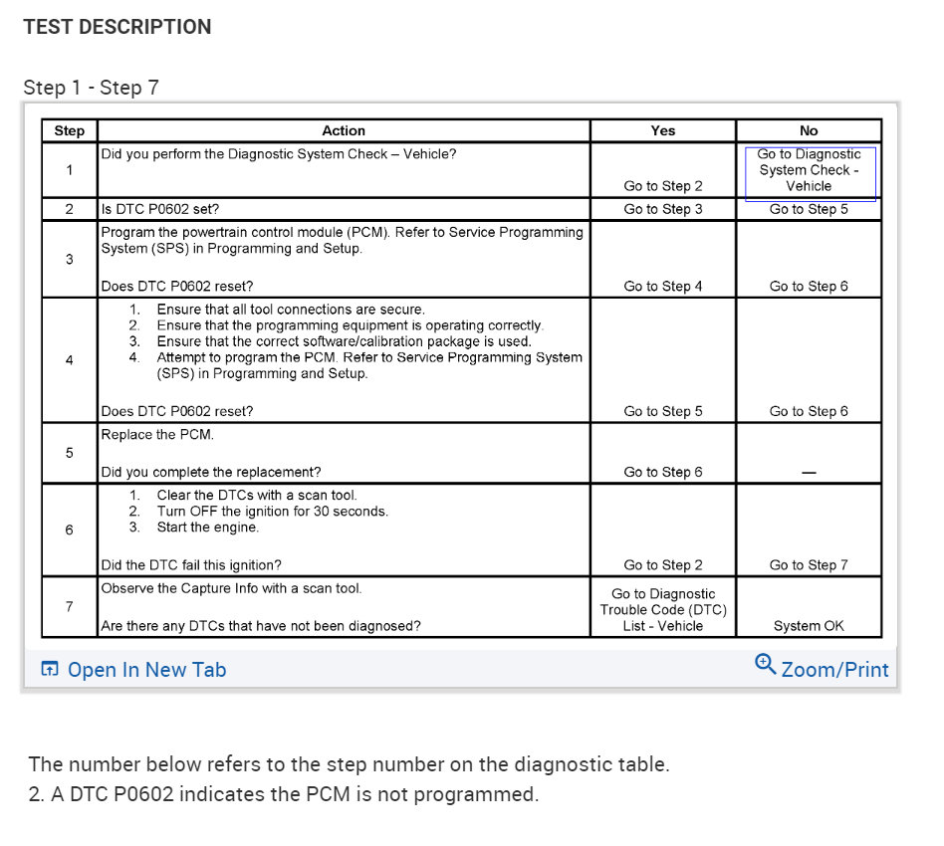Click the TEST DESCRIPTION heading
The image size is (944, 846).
(118, 27)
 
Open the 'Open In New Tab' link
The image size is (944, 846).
(134, 670)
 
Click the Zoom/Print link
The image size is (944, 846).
(823, 669)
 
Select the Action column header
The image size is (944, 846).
(344, 130)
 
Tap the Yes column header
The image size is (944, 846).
(663, 130)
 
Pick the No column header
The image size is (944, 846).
(809, 130)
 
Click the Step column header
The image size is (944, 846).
(70, 130)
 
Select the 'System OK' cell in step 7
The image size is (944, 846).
(809, 626)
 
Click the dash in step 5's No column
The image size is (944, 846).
(809, 473)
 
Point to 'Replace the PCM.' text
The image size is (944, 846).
(157, 434)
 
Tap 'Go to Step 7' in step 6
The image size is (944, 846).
(809, 565)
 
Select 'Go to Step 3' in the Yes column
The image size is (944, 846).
(663, 209)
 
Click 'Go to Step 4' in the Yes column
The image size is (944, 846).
(663, 287)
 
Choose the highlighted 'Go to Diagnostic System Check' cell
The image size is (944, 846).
(810, 170)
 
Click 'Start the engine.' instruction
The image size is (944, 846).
(208, 528)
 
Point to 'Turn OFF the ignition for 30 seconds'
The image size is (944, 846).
(272, 512)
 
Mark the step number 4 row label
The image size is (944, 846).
(70, 360)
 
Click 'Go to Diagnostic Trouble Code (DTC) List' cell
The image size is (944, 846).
(663, 610)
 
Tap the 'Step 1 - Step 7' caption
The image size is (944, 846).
(91, 88)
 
